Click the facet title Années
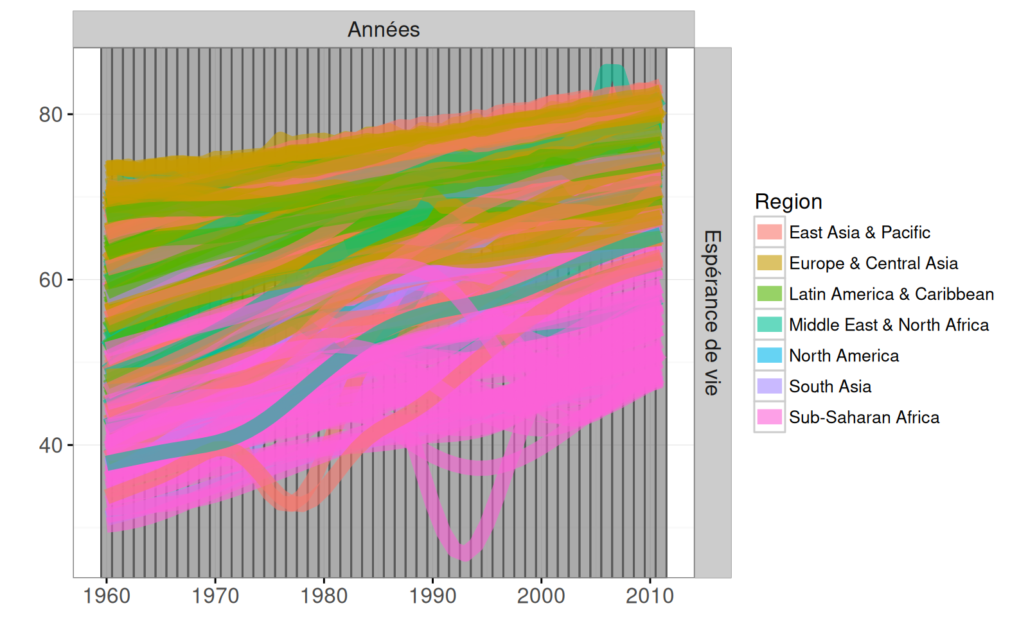(x=384, y=30)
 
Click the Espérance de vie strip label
(x=712, y=313)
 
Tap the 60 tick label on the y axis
(x=51, y=280)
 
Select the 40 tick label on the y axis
(x=51, y=446)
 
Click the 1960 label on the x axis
(x=107, y=596)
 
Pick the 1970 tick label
(x=215, y=596)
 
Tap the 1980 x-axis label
(x=324, y=596)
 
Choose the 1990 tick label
(x=432, y=596)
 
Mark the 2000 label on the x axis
(x=541, y=596)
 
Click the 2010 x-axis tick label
(x=650, y=596)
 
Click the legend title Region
(x=788, y=202)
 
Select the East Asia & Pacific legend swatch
(x=770, y=232)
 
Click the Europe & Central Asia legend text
(x=873, y=263)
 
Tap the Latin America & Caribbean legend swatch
(x=770, y=293)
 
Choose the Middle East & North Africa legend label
(x=889, y=325)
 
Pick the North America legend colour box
(x=770, y=355)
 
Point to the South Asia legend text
(x=830, y=386)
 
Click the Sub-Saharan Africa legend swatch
(x=770, y=417)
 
